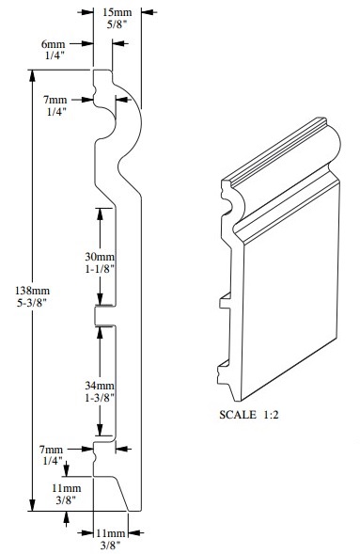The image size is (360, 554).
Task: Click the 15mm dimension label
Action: coord(117,12)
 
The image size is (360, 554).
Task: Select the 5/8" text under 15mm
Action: coord(117,25)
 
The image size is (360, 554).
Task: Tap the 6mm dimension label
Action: coord(54,44)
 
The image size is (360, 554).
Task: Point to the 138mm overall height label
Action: coord(32,291)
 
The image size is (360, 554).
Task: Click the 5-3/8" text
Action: coord(32,303)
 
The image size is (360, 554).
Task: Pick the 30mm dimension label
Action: coord(100,257)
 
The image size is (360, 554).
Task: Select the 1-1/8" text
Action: coord(100,269)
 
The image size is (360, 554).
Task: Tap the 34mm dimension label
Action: coord(100,386)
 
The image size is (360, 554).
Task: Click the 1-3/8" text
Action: coord(100,398)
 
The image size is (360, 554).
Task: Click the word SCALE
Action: coord(238,415)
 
